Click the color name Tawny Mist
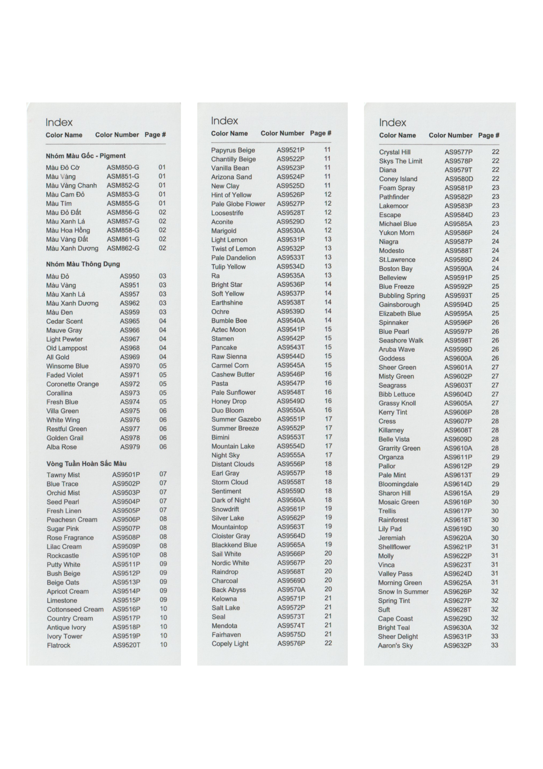pyautogui.click(x=63, y=475)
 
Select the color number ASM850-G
pyautogui.click(x=123, y=167)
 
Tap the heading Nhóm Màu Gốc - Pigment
pyautogui.click(x=86, y=156)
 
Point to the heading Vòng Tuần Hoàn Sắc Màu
pyautogui.click(x=86, y=463)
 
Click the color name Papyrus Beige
pyautogui.click(x=233, y=150)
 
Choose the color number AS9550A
pyautogui.click(x=291, y=410)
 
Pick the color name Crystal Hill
pyautogui.click(x=394, y=152)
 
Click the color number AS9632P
pyautogui.click(x=457, y=645)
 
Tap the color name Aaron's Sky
pyautogui.click(x=395, y=645)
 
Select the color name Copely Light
pyautogui.click(x=230, y=643)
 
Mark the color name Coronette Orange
pyautogui.click(x=73, y=384)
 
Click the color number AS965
pyautogui.click(x=129, y=321)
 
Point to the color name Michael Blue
pyautogui.click(x=397, y=224)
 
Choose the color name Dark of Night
pyautogui.click(x=230, y=500)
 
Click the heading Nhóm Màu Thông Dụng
pyautogui.click(x=83, y=264)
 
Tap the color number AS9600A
pyautogui.click(x=458, y=358)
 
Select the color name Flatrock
pyautogui.click(x=58, y=645)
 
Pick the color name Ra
pyautogui.click(x=215, y=276)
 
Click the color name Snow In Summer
pyautogui.click(x=403, y=591)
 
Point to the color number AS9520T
pyautogui.click(x=126, y=645)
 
